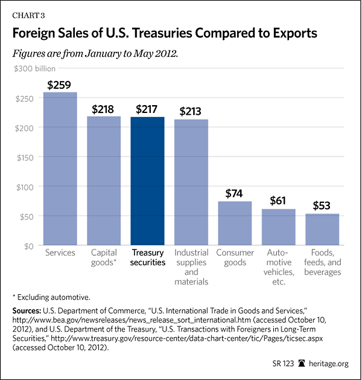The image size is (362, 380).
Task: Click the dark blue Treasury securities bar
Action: [148, 181]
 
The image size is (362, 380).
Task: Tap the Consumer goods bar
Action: [235, 224]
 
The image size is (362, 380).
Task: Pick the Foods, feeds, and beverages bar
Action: [322, 230]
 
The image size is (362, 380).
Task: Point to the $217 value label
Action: [148, 109]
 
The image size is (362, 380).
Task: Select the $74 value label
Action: [235, 194]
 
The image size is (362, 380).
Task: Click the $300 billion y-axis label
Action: [37, 69]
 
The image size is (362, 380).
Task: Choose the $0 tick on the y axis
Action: [29, 245]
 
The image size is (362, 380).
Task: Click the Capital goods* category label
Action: [104, 258]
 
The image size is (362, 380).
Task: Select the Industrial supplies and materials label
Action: [191, 267]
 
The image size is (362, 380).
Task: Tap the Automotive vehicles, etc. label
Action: [278, 267]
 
